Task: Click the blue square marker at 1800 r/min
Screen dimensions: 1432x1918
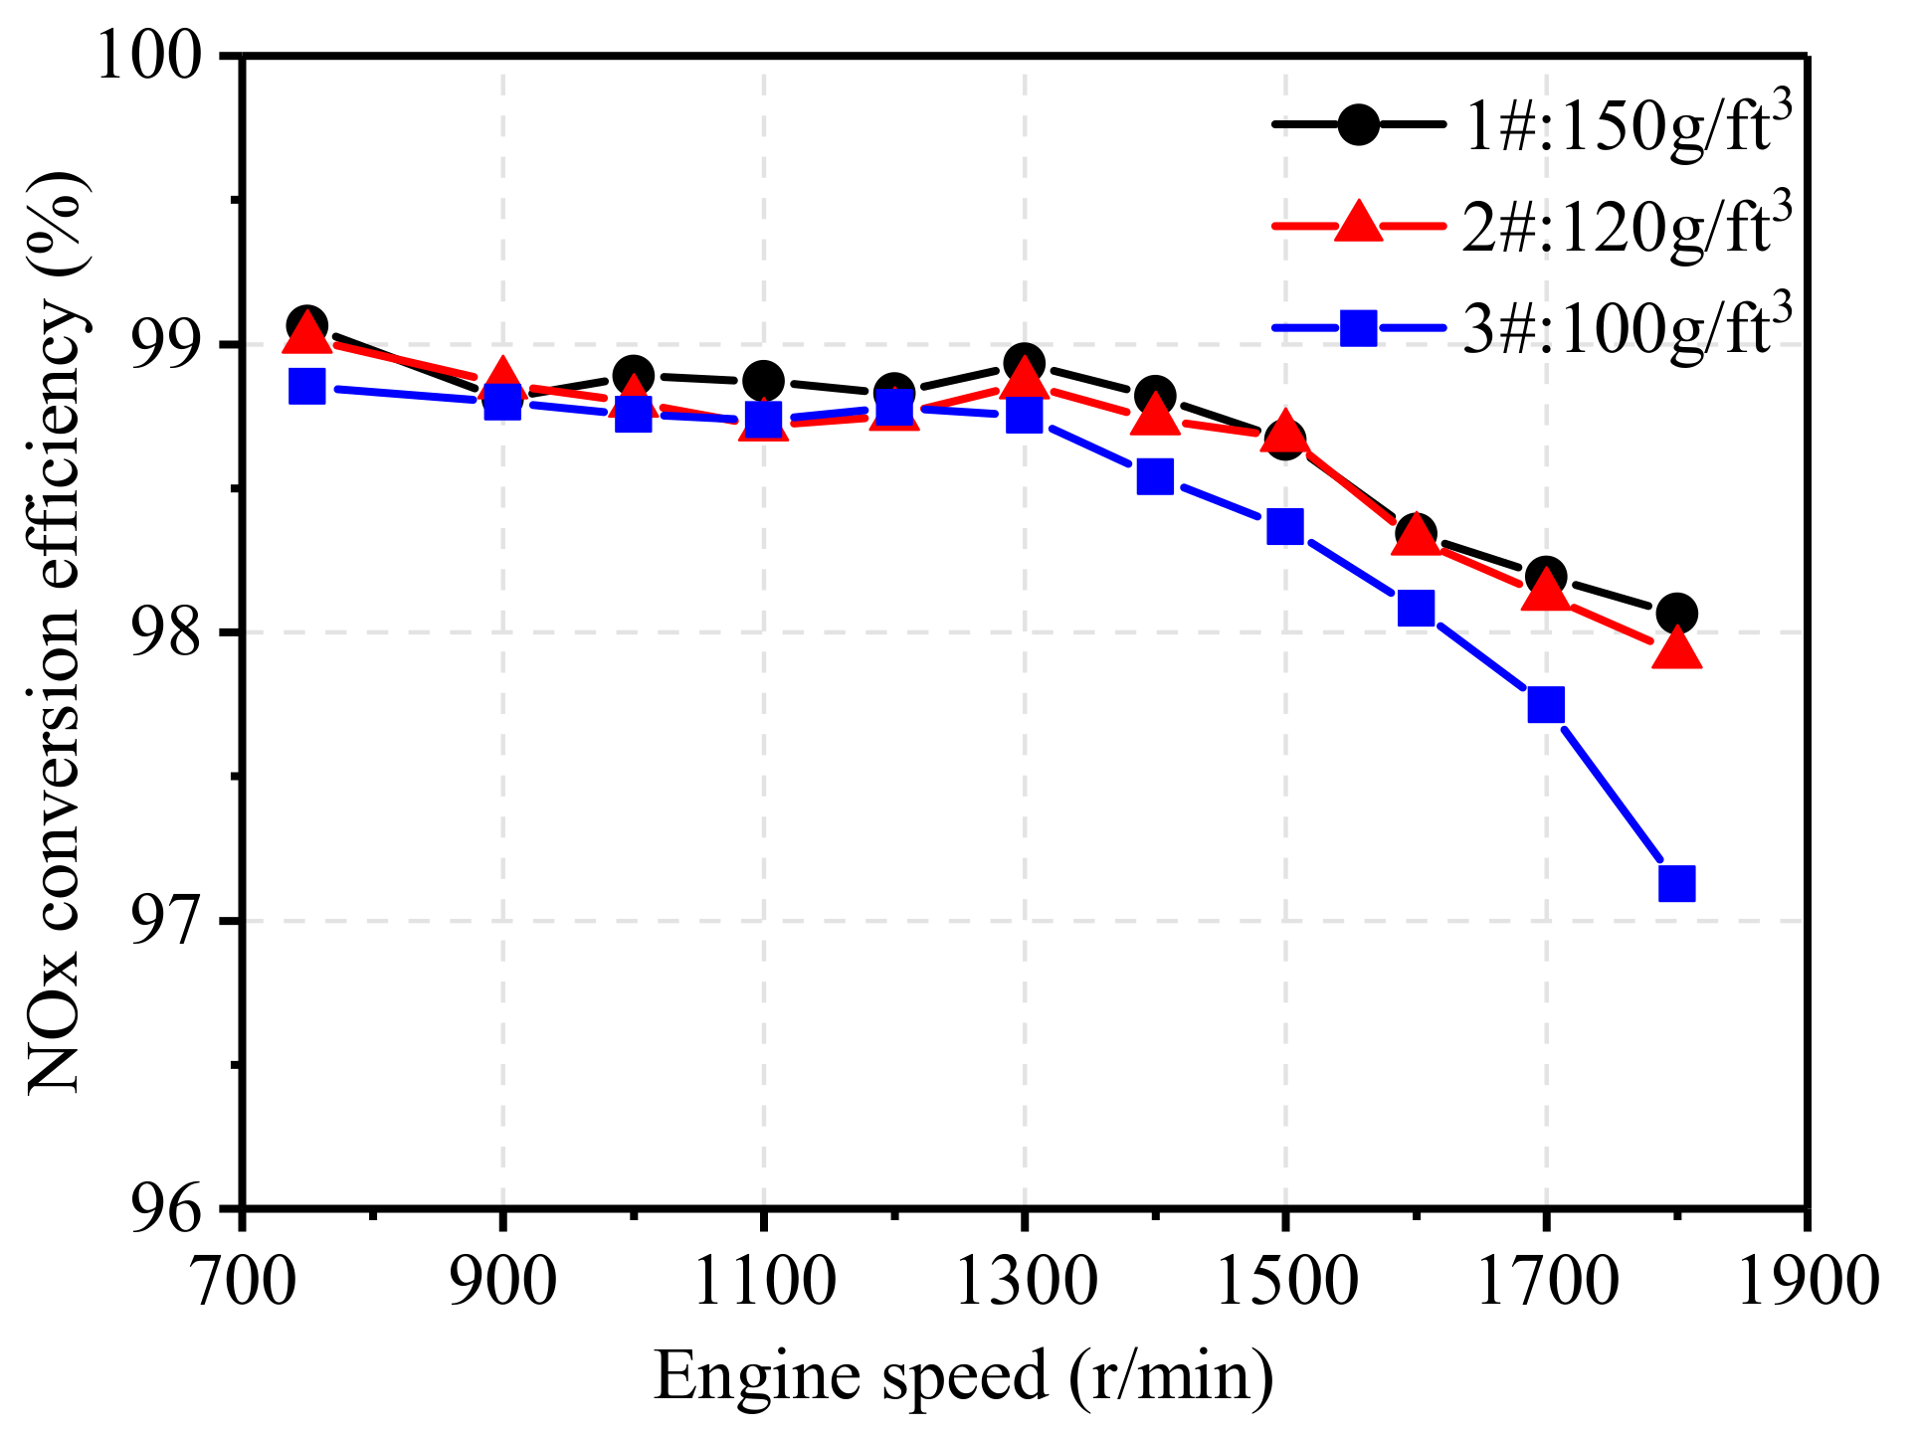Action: (1676, 882)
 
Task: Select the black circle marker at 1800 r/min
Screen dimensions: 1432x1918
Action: (1676, 613)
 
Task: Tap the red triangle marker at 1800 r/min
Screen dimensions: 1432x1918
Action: (1676, 649)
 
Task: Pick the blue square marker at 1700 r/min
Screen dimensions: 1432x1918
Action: (1546, 704)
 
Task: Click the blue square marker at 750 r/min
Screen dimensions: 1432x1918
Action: (306, 386)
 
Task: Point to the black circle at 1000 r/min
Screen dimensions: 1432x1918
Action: (633, 377)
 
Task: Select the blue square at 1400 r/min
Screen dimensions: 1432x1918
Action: (1154, 476)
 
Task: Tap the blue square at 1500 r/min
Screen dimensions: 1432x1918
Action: (1285, 526)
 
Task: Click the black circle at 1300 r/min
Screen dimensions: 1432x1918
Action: (1024, 363)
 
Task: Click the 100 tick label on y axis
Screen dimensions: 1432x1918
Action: (149, 57)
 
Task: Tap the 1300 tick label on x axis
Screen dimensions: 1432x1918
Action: (1024, 1280)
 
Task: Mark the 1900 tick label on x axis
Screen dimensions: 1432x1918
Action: (1806, 1280)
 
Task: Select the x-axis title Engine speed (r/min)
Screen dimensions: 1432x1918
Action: (963, 1376)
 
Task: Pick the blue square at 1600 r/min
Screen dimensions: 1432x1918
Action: (1416, 607)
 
